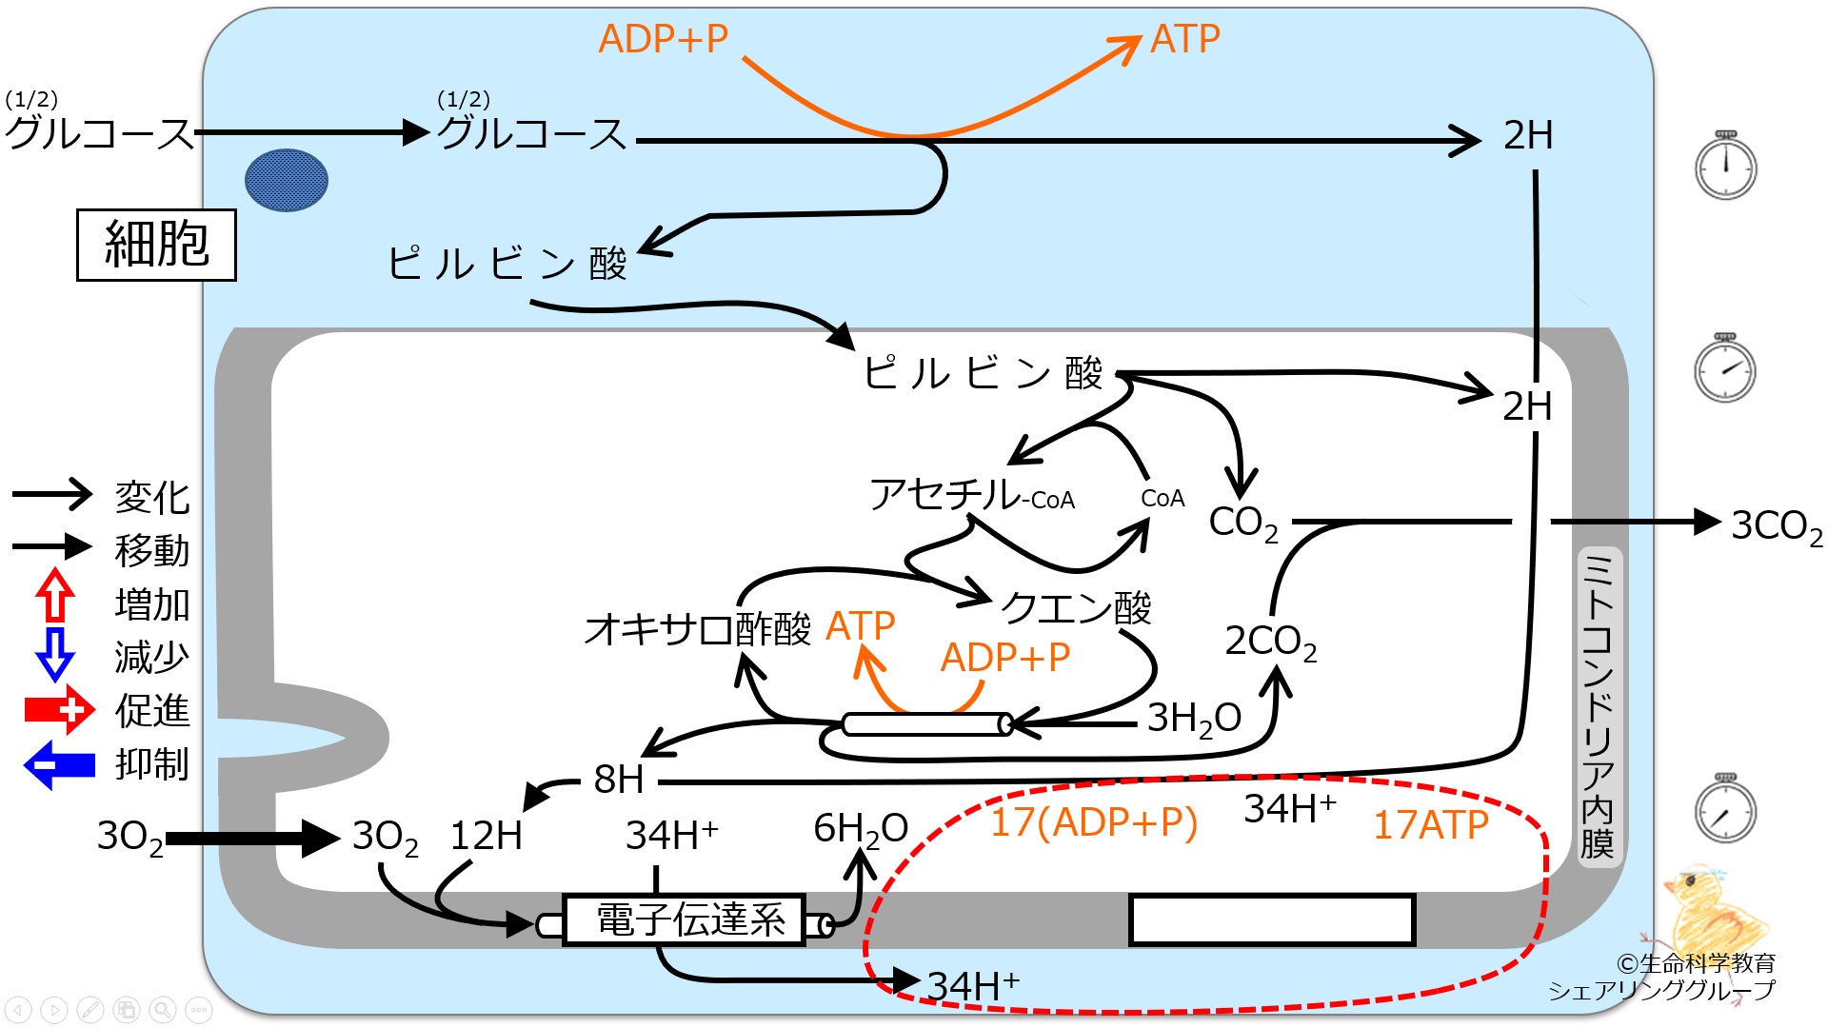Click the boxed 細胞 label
156,245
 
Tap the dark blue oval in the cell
287,180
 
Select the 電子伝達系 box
685,919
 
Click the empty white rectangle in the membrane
1272,919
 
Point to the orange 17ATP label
1430,825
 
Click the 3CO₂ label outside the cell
1777,526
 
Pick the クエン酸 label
1076,606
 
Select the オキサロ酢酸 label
698,629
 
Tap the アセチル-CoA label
972,495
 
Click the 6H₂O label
861,829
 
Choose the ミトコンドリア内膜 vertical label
1597,705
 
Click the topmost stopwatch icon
1725,166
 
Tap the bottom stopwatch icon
1725,809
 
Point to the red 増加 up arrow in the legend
55,595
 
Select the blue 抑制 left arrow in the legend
59,765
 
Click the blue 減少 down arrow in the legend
55,654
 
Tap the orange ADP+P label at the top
664,39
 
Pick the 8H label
619,780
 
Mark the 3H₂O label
1194,719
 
